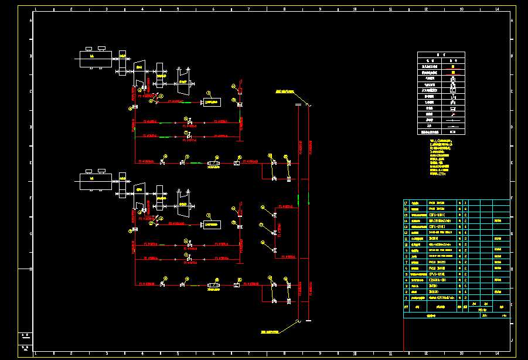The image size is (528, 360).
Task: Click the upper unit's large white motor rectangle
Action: pyautogui.click(x=95, y=60)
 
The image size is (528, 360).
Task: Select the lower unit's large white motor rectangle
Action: pyautogui.click(x=95, y=182)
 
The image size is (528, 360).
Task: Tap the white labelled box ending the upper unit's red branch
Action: pyautogui.click(x=212, y=102)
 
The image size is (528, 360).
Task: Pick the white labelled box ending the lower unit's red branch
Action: pyautogui.click(x=212, y=224)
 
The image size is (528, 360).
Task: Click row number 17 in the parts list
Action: pyautogui.click(x=406, y=202)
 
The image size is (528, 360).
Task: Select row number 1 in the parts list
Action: pyautogui.click(x=406, y=297)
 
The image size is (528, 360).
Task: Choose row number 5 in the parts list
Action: pyautogui.click(x=406, y=274)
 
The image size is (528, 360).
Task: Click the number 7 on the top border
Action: pyautogui.click(x=248, y=9)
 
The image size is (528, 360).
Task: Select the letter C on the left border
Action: pyautogui.click(x=30, y=91)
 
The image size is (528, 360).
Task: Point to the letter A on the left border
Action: pyautogui.click(x=30, y=21)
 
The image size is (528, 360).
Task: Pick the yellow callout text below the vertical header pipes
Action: pyautogui.click(x=273, y=332)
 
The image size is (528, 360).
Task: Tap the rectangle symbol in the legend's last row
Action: pyautogui.click(x=452, y=133)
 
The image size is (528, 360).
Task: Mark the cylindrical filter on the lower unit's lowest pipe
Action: pyautogui.click(x=212, y=286)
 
